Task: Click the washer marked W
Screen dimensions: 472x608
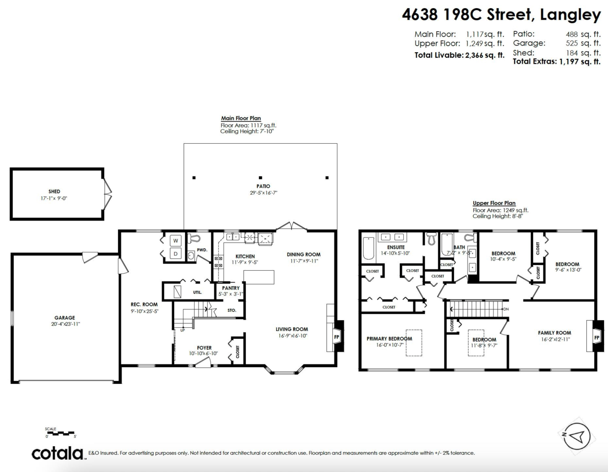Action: (176, 240)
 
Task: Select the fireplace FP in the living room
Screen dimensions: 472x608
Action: (336, 336)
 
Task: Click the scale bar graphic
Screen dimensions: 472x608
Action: (60, 433)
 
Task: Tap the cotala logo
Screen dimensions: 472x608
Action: (58, 453)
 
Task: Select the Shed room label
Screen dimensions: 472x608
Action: (54, 192)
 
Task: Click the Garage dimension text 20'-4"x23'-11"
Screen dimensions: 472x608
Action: (65, 324)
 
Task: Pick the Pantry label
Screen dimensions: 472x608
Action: (231, 288)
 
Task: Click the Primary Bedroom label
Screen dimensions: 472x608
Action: (389, 338)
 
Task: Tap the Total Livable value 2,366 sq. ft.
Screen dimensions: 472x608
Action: (484, 55)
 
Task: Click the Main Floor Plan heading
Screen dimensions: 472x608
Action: (241, 118)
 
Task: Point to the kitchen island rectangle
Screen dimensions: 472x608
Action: (259, 277)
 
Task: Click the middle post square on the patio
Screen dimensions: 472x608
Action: (260, 178)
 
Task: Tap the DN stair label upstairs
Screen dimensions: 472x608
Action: (505, 309)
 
